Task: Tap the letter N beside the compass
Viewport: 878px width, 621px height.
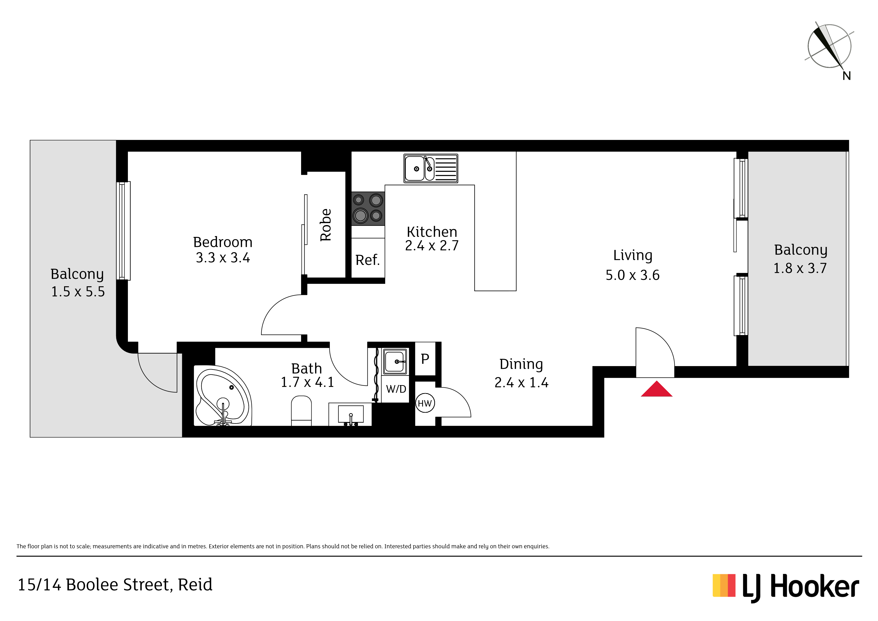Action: click(847, 76)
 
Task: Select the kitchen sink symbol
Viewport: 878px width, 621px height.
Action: click(430, 168)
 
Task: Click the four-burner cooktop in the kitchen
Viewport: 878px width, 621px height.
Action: click(368, 209)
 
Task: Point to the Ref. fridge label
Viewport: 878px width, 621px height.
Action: click(367, 260)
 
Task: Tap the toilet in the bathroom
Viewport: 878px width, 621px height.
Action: click(301, 411)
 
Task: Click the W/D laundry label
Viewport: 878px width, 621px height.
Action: click(396, 389)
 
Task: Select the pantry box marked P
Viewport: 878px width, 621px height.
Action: click(425, 359)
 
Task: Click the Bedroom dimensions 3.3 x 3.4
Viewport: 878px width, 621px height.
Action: click(223, 258)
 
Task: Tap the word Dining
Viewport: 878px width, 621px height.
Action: click(521, 365)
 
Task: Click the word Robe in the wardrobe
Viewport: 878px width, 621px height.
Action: click(325, 225)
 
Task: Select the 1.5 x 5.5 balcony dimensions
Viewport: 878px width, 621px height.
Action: click(78, 292)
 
